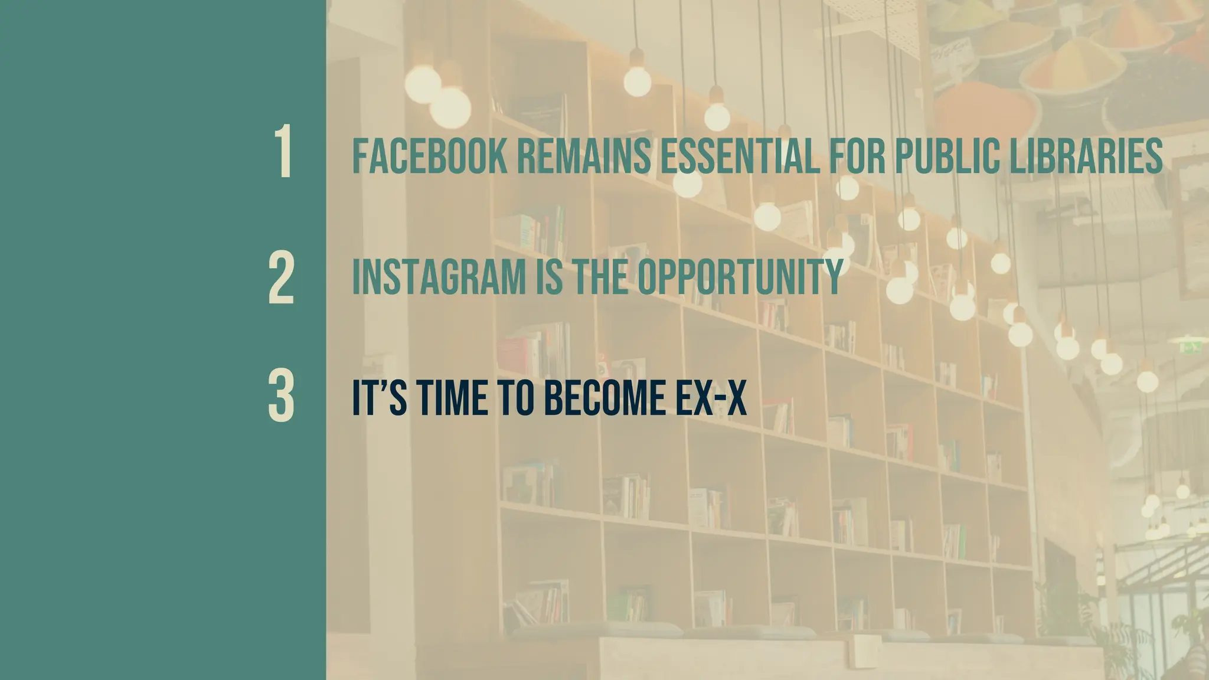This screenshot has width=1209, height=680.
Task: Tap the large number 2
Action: (x=281, y=277)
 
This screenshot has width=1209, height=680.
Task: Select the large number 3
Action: (x=281, y=396)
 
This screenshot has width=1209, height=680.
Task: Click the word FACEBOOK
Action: (x=429, y=156)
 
